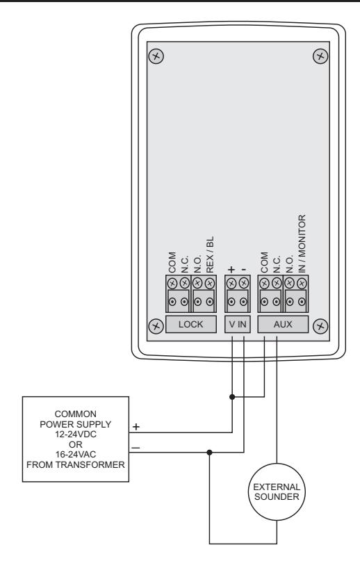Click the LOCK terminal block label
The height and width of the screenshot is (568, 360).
pyautogui.click(x=191, y=324)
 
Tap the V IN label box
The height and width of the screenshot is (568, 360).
pyautogui.click(x=238, y=324)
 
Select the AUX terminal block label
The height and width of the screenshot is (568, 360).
pyautogui.click(x=283, y=324)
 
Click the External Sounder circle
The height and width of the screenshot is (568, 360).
pyautogui.click(x=277, y=492)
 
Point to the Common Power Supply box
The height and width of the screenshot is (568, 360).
pyautogui.click(x=76, y=439)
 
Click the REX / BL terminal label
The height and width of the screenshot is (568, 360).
pyautogui.click(x=210, y=254)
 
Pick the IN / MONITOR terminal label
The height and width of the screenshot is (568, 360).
pyautogui.click(x=302, y=243)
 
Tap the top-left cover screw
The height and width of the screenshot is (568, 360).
pyautogui.click(x=156, y=56)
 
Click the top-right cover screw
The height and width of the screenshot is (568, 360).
pyautogui.click(x=320, y=56)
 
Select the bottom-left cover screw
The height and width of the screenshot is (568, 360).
pyautogui.click(x=156, y=326)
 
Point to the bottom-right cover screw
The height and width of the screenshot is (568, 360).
pyautogui.click(x=320, y=326)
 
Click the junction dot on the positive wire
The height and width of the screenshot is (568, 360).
pyautogui.click(x=232, y=397)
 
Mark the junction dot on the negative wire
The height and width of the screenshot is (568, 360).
pyautogui.click(x=209, y=453)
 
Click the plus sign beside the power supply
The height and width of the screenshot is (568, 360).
pyautogui.click(x=136, y=427)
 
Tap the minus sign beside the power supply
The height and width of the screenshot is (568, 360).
pyautogui.click(x=136, y=448)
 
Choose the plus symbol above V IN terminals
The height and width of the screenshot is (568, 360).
pyautogui.click(x=231, y=270)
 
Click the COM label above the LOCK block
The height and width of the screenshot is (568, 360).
pyautogui.click(x=172, y=263)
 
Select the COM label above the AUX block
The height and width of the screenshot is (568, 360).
pyautogui.click(x=264, y=263)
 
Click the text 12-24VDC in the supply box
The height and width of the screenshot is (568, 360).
pyautogui.click(x=76, y=435)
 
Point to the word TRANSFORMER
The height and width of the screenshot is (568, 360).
pyautogui.click(x=90, y=464)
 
